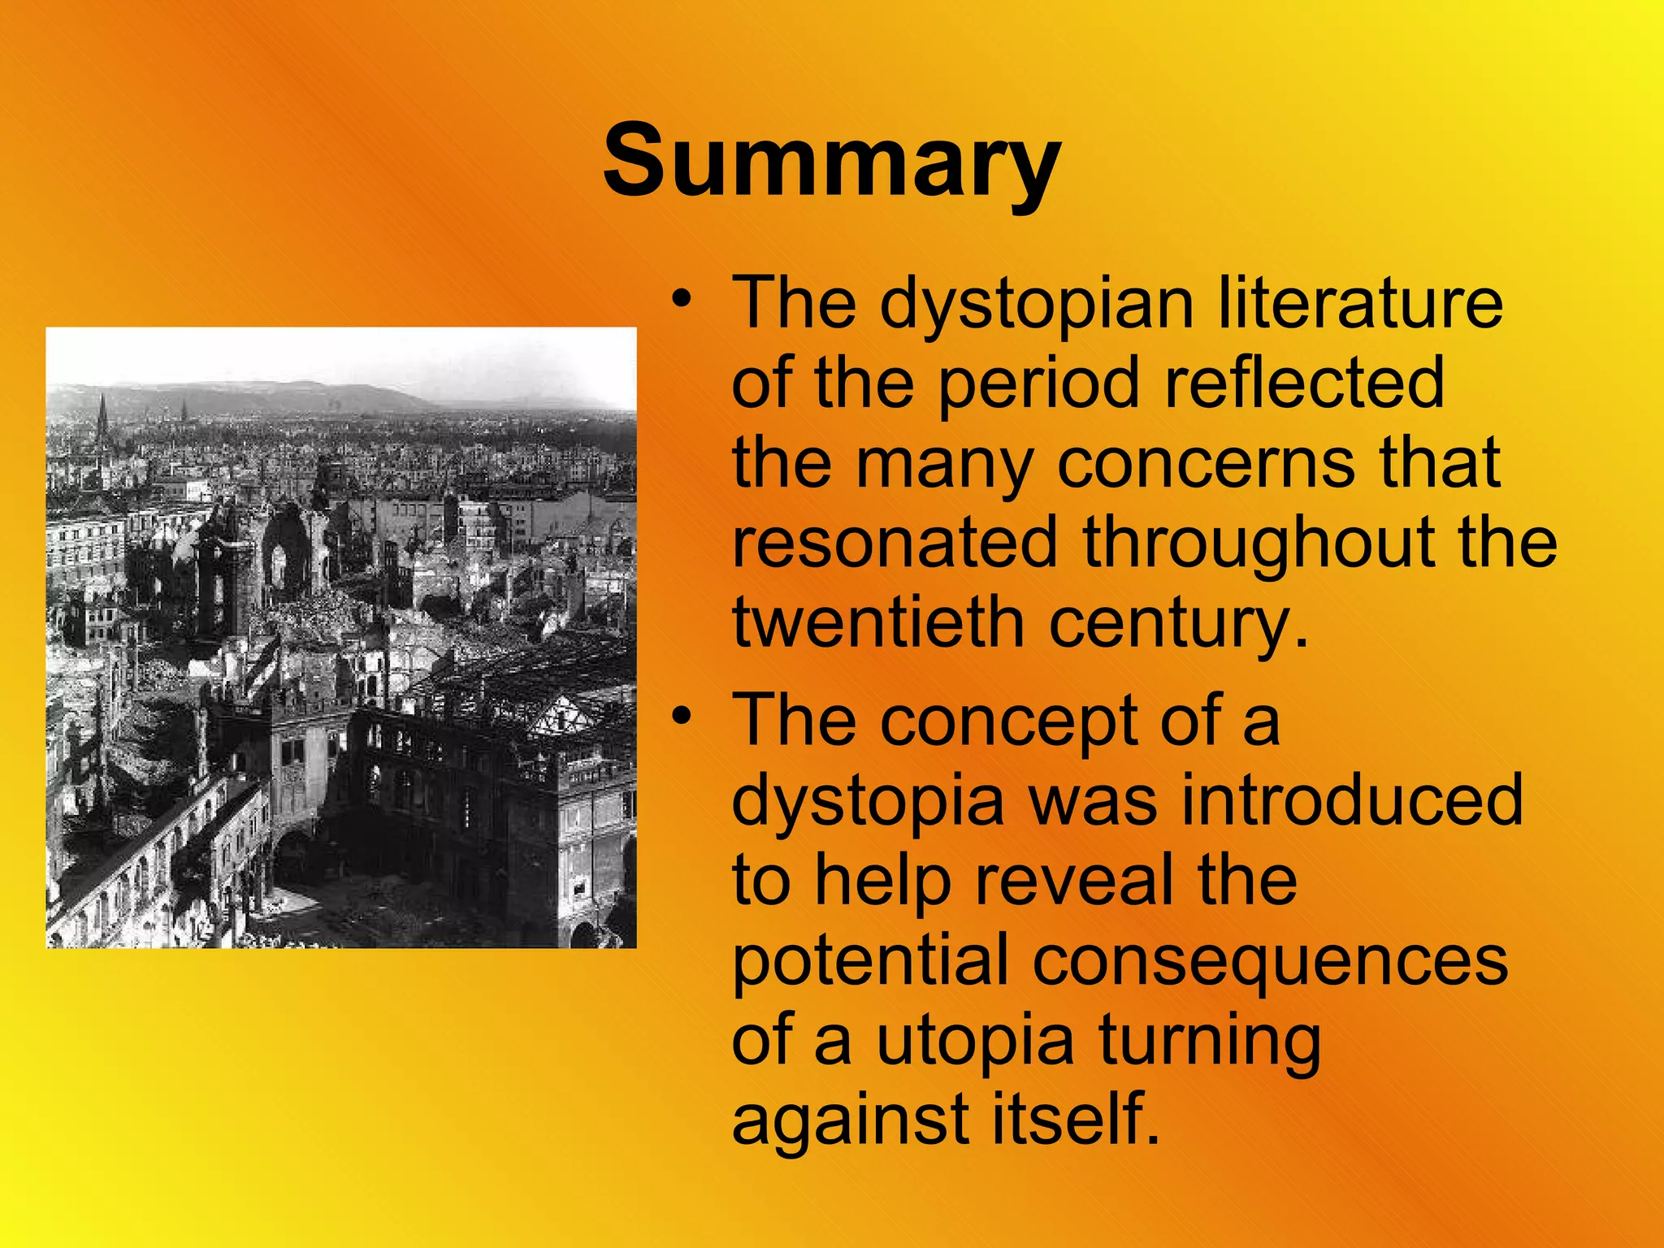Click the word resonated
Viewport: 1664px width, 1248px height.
click(895, 542)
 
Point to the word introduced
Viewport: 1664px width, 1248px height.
click(1352, 799)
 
